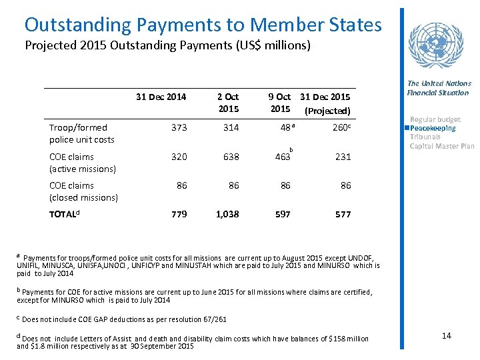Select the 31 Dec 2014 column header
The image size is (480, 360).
click(x=161, y=97)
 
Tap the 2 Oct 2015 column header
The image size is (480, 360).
click(x=228, y=103)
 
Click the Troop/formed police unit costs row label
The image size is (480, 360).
click(x=82, y=133)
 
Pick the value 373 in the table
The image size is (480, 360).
click(x=178, y=127)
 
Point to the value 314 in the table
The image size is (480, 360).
click(x=231, y=127)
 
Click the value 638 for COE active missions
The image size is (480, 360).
click(x=231, y=157)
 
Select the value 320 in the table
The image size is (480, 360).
click(x=178, y=157)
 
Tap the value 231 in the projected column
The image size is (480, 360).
click(x=343, y=157)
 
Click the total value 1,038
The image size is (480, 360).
click(x=227, y=215)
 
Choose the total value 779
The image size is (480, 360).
click(x=179, y=215)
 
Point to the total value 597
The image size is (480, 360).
click(x=283, y=215)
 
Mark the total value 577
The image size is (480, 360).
click(x=343, y=215)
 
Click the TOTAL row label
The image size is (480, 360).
click(x=67, y=215)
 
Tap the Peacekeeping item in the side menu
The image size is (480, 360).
click(x=433, y=128)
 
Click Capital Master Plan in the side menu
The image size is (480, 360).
click(x=441, y=146)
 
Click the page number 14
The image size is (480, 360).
click(x=446, y=335)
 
